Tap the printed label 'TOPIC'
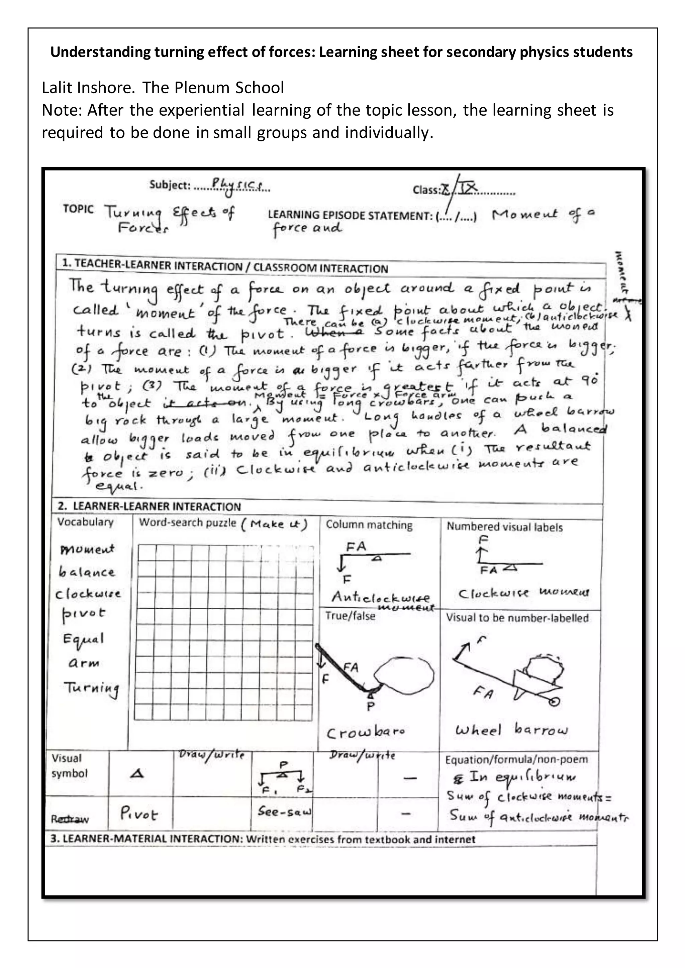[78, 209]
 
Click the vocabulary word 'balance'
[87, 572]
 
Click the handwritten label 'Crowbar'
[366, 733]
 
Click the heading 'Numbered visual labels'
[504, 527]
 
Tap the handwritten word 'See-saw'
[284, 811]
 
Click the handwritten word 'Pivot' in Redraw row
[139, 813]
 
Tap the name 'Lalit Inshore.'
[88, 88]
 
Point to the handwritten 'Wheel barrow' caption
[511, 730]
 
